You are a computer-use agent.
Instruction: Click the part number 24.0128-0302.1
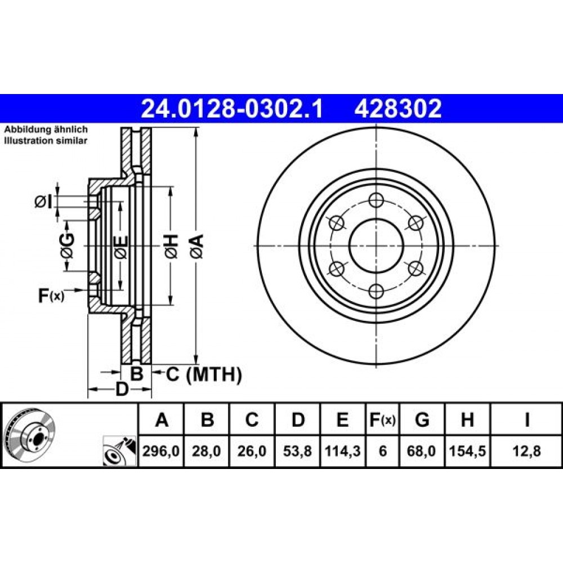pos(232,108)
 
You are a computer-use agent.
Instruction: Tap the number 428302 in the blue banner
pos(397,108)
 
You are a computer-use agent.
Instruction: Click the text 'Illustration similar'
pos(46,141)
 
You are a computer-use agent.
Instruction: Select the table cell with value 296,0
pos(162,451)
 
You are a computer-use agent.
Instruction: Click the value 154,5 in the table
pos(467,451)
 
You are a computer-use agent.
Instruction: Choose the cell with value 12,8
pos(526,451)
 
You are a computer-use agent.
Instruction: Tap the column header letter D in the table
pos(298,420)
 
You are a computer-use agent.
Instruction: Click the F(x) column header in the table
pos(382,420)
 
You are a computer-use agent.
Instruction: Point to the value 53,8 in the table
pos(298,451)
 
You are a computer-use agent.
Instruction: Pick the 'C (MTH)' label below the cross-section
pos(203,373)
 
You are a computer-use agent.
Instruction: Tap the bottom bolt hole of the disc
pos(376,291)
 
